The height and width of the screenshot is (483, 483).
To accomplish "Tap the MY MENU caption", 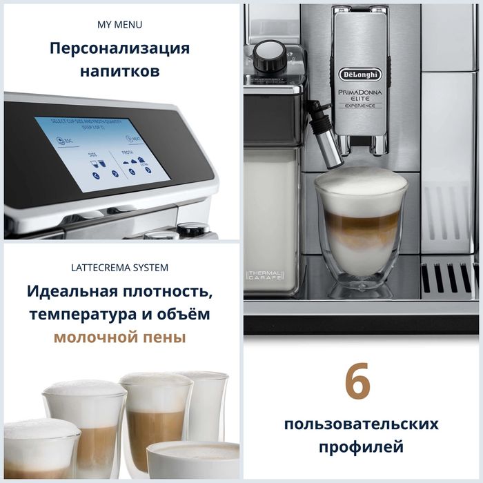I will (120, 25).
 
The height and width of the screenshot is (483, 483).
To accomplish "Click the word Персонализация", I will (120, 49).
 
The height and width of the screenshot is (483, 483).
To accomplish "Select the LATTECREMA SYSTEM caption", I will (120, 267).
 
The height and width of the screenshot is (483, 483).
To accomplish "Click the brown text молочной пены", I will (120, 338).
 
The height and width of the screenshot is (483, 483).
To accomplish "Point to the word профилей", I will (361, 447).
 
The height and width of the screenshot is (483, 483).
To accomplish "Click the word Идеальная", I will (72, 290).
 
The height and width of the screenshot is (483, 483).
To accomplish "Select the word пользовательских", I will (361, 424).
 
